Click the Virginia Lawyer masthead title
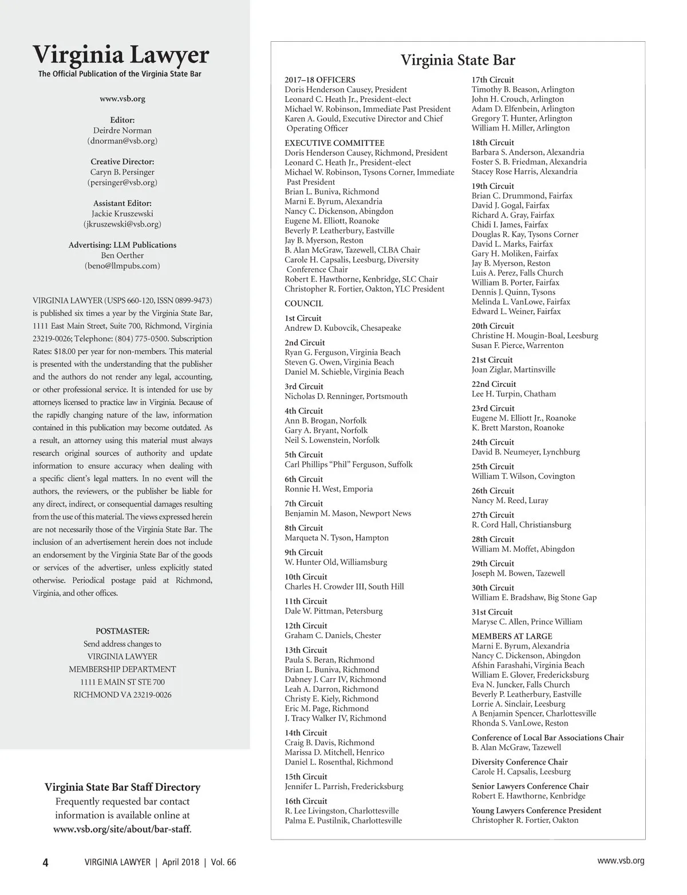(x=121, y=55)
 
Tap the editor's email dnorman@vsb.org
(x=122, y=140)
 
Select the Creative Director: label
(x=123, y=161)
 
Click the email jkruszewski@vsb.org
(x=122, y=224)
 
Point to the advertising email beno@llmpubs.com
(x=123, y=266)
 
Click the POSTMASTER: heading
(x=123, y=631)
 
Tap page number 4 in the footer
(x=45, y=863)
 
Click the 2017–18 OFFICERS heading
(x=320, y=80)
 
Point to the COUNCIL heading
(x=304, y=304)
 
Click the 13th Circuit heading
(x=306, y=650)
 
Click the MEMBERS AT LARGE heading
(x=512, y=636)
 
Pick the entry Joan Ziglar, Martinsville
(x=514, y=370)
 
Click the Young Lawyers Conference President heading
(x=536, y=810)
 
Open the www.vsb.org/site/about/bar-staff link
(x=123, y=829)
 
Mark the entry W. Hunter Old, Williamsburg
(x=336, y=563)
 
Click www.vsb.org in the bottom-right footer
(x=621, y=861)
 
